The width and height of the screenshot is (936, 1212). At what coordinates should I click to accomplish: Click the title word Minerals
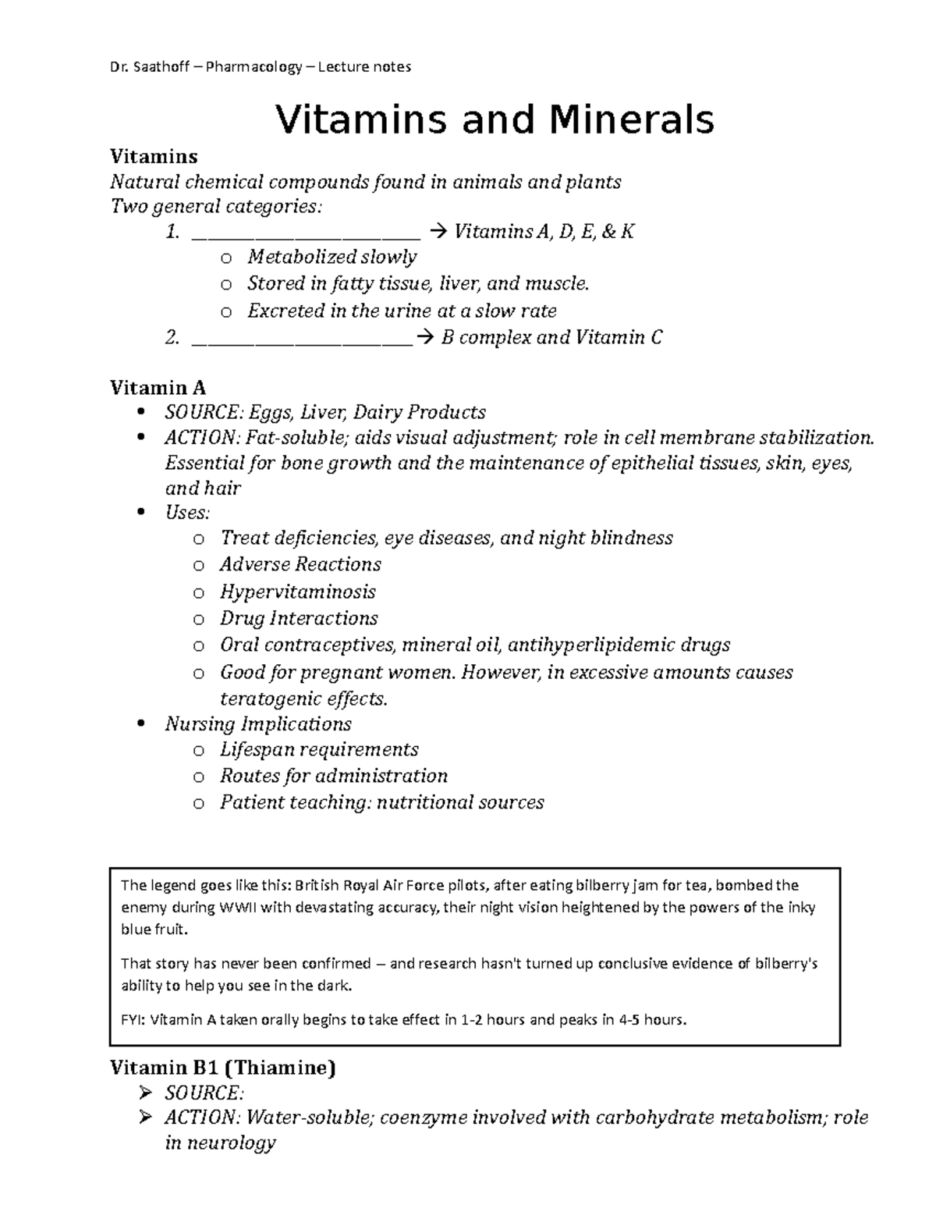pos(631,119)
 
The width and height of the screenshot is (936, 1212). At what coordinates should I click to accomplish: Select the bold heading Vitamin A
pos(158,387)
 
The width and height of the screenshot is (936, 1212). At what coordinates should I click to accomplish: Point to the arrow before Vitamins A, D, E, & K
pos(436,232)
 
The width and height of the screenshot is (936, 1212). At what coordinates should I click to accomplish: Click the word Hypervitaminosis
pos(297,592)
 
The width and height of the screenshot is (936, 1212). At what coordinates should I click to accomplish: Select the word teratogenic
pos(268,698)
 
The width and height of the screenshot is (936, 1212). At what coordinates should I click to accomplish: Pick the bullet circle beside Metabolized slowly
pos(225,258)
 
